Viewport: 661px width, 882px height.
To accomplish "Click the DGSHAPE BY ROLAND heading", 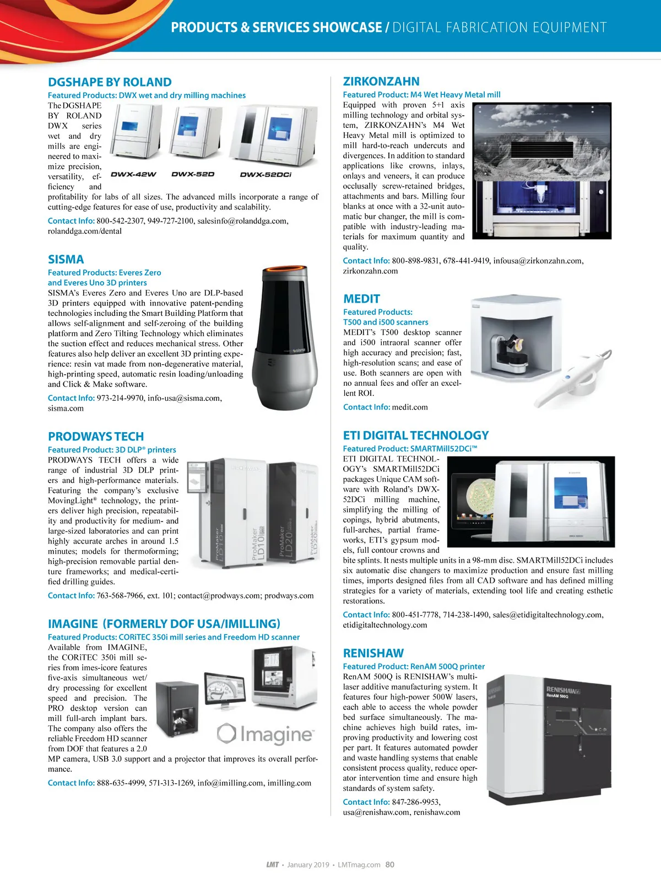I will [110, 82].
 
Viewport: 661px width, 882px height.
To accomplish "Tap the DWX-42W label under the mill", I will [133, 174].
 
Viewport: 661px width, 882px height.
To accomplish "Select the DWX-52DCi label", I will [266, 174].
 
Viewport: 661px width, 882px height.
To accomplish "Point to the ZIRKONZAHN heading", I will [381, 81].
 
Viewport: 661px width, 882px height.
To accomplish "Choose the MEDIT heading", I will [361, 299].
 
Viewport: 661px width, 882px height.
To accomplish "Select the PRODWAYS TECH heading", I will [96, 437].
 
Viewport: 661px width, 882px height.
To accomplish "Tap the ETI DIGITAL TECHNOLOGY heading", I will [416, 435].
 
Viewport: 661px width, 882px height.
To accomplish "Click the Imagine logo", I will [266, 734].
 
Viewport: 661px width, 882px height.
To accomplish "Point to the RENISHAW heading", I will [373, 653].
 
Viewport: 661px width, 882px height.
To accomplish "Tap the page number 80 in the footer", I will [390, 864].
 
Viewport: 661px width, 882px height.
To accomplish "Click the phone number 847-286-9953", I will [416, 802].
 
